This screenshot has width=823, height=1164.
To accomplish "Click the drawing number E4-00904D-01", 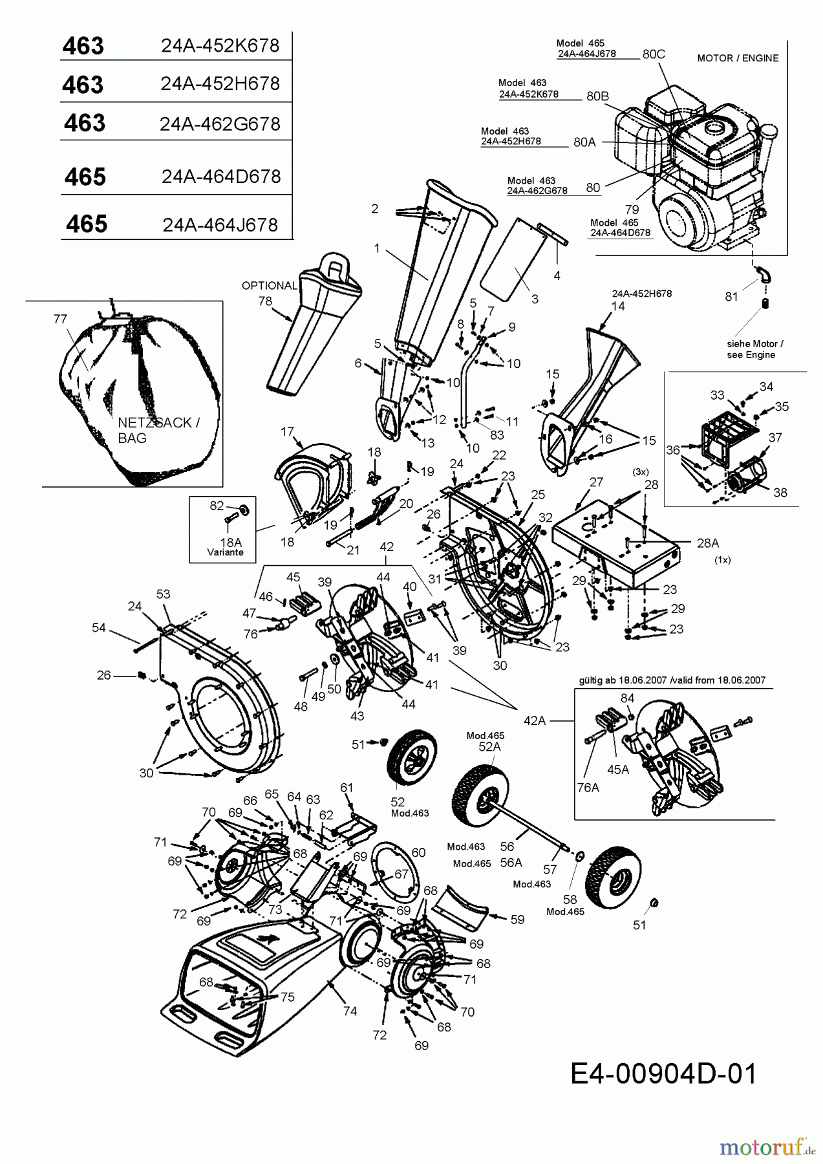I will pos(663,1074).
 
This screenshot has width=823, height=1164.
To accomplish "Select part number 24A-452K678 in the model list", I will pos(220,46).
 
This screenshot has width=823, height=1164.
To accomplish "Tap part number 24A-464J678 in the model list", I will pos(220,224).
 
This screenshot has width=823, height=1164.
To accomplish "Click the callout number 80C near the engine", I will pos(654,54).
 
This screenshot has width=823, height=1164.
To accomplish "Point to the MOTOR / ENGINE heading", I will pos(738,58).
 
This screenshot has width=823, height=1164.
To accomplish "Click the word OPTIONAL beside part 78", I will pos(269,285).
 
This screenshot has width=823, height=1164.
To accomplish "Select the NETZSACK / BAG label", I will pos(158,430).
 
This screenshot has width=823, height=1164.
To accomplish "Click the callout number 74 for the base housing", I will pos(350,1011).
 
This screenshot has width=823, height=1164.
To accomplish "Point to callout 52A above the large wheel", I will pos(489,746).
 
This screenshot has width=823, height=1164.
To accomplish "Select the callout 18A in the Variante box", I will pos(230,542).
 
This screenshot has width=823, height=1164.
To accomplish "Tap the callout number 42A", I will pos(535,720).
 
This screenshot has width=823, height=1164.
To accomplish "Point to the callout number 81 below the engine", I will pos(731,296).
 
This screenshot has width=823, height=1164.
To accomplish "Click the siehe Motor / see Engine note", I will pos(751,349).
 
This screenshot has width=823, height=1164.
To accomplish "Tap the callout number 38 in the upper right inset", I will pos(780,492).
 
